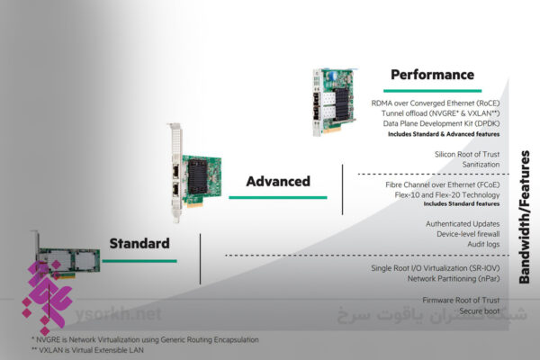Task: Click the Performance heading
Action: [432, 74]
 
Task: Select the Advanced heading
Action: [278, 181]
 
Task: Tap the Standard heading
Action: [139, 243]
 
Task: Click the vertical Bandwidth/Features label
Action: [525, 216]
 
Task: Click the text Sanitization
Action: [475, 166]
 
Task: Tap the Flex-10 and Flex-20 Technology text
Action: [447, 193]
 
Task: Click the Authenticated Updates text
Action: [462, 223]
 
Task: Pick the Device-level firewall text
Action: [466, 234]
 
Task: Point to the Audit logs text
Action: [482, 245]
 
